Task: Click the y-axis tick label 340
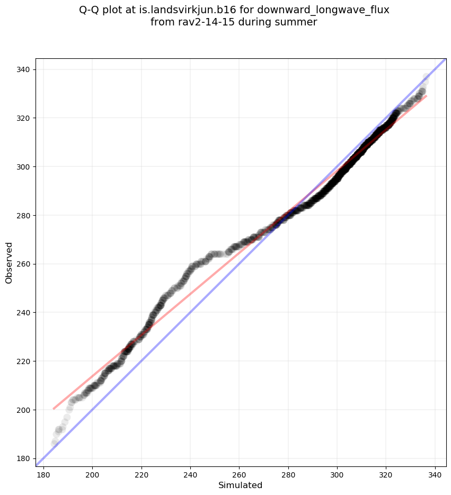coord(25,69)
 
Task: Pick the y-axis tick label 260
coord(25,264)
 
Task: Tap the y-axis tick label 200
coord(25,410)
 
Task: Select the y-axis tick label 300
coord(25,166)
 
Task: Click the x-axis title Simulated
coord(241,485)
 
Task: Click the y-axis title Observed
coord(9,262)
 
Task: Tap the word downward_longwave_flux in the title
coord(323,10)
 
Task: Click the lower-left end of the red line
coord(54,409)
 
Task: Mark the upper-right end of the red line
coord(426,96)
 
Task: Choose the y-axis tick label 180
coord(25,458)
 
